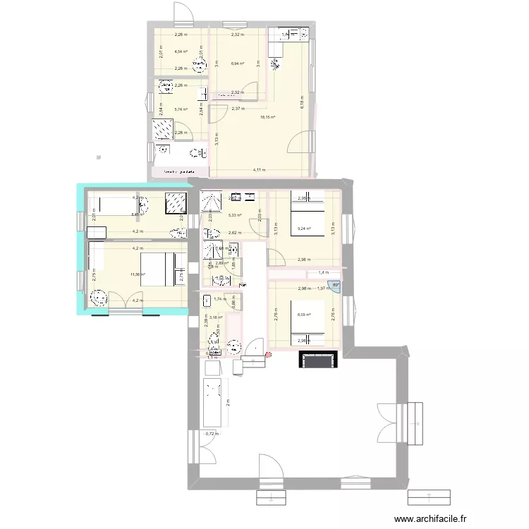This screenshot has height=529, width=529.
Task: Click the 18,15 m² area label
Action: click(267, 118)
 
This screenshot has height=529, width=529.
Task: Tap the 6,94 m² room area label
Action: click(237, 64)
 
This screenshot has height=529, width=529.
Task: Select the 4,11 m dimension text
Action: click(260, 171)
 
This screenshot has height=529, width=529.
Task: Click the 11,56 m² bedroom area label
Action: click(138, 274)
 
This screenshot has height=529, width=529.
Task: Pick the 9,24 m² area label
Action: click(305, 228)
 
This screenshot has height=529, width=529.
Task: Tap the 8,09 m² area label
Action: click(304, 315)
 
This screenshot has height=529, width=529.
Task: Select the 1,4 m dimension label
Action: click(323, 272)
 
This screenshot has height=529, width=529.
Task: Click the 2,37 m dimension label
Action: click(238, 109)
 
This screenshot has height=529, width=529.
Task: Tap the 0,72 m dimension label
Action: click(209, 434)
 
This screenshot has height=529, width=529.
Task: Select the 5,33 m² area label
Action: click(235, 216)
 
